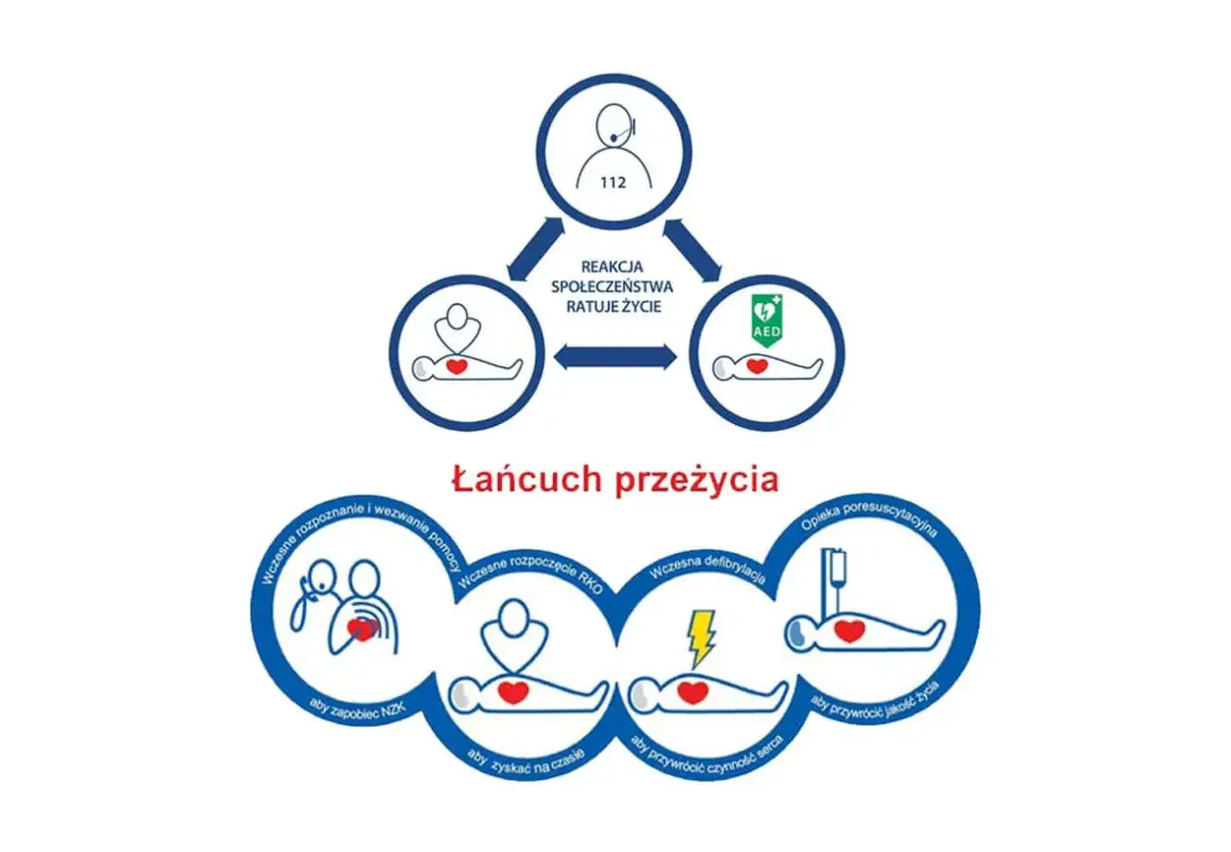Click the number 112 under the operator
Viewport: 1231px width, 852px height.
pos(615,180)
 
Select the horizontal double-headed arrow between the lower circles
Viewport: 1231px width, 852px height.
pos(616,358)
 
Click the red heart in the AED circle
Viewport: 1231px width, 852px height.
pos(759,366)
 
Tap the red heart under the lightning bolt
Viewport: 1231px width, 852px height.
pos(692,690)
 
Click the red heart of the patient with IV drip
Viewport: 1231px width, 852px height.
pos(847,631)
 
